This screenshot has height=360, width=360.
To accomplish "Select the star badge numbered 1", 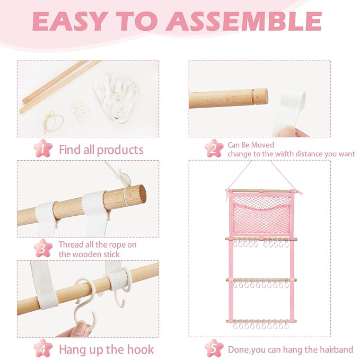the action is point(43,148).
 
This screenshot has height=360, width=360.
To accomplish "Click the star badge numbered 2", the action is point(214,148).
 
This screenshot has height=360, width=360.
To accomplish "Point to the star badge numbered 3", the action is point(43,249).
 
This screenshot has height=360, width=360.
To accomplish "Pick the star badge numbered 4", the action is point(43,348).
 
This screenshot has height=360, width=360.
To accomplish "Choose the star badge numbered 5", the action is point(214,348).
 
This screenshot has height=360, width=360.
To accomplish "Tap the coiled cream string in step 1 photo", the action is point(54,121).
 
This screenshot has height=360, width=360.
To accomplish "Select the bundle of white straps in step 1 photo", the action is point(117,98).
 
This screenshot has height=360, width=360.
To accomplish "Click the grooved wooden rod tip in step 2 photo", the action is point(260,96).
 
